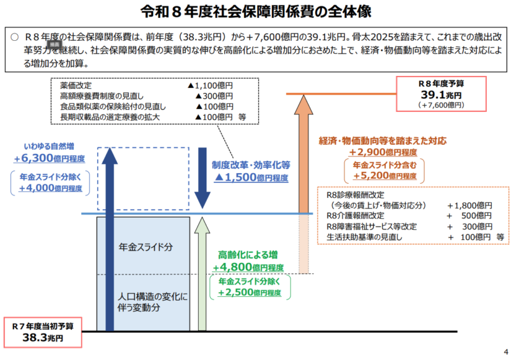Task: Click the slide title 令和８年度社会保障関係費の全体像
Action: coord(256,11)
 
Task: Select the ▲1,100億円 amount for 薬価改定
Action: coord(210,84)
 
